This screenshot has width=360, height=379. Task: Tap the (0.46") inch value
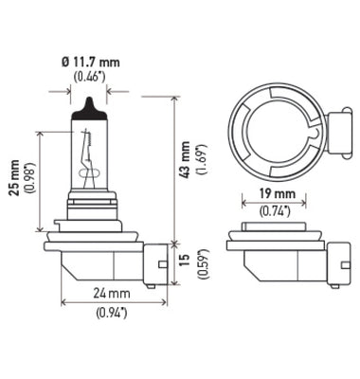point(90,78)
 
